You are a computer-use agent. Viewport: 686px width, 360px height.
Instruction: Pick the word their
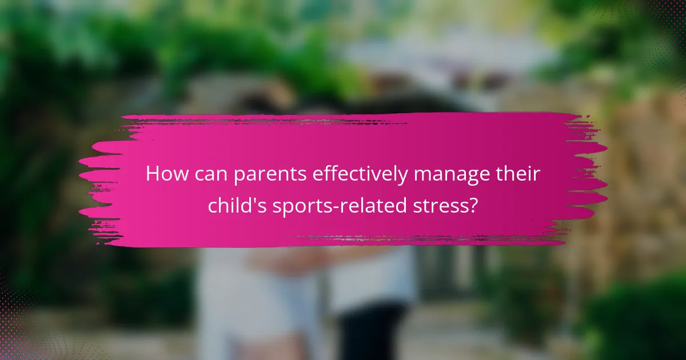coord(518,174)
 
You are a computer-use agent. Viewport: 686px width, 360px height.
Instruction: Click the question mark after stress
coord(473,205)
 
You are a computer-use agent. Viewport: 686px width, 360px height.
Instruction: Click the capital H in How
coord(153,174)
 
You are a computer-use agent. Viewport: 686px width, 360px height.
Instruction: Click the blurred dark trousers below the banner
coord(366,331)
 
